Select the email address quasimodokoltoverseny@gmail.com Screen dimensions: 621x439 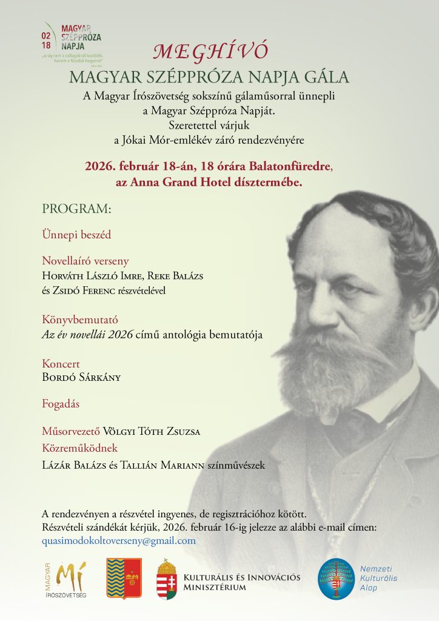click(119, 540)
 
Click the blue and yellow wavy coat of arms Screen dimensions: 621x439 click(124, 579)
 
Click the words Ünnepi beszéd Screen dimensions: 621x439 click(76, 233)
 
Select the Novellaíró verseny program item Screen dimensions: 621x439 click(85, 261)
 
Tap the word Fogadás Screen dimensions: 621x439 click(61, 403)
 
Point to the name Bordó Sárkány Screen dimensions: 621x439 click(81, 377)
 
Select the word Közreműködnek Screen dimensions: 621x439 click(79, 448)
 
